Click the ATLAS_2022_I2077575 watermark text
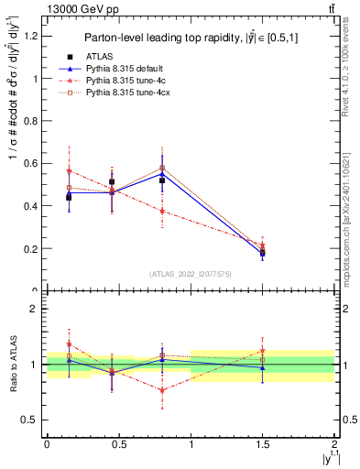click(x=190, y=274)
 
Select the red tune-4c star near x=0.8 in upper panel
click(x=162, y=212)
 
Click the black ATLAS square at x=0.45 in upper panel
click(x=112, y=182)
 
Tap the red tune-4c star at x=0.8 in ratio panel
click(x=162, y=390)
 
